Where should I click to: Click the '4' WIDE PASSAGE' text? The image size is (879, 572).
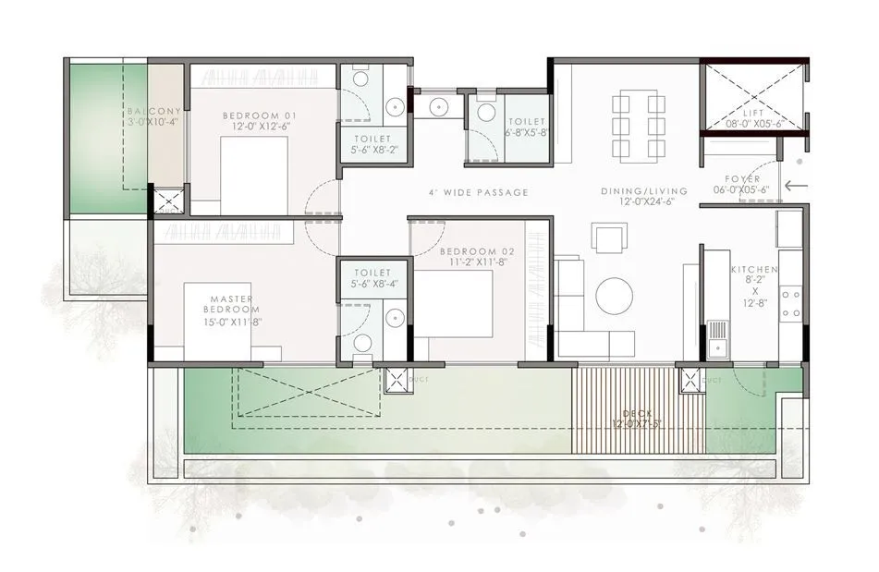(x=479, y=192)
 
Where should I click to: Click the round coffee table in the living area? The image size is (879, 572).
(x=615, y=297)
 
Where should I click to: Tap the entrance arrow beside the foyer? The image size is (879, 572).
(x=794, y=186)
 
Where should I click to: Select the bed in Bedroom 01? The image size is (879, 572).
(x=253, y=176)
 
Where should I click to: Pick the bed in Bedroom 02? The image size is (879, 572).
(x=453, y=304)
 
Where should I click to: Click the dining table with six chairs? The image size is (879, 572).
(x=638, y=125)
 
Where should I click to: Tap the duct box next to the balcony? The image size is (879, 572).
(x=167, y=201)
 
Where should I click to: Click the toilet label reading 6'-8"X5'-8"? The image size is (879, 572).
(x=525, y=128)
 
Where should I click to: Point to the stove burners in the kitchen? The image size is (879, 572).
(x=790, y=303)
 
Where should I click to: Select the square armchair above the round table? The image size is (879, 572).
(x=610, y=238)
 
